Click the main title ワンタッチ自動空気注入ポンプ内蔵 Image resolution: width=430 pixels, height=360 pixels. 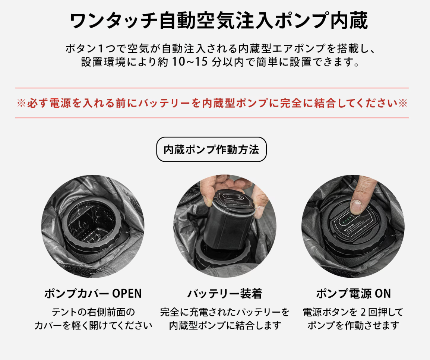[219, 20]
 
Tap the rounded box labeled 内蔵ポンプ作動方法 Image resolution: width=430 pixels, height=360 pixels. [211, 149]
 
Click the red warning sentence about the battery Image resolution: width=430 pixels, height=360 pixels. [212, 103]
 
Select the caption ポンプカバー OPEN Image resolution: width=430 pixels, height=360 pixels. [93, 294]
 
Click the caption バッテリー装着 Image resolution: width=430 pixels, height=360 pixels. [225, 294]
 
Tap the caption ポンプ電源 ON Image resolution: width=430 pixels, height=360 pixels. [354, 294]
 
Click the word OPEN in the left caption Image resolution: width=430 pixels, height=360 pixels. [127, 294]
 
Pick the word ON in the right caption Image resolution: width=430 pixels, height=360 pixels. [383, 294]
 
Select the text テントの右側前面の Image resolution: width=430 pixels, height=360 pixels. [93, 312]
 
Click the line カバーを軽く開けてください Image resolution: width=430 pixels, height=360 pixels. [93, 325]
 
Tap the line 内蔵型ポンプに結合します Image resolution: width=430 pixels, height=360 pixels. [225, 325]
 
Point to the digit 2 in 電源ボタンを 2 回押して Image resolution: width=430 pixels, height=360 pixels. [363, 312]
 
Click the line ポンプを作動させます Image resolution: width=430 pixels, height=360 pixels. [354, 325]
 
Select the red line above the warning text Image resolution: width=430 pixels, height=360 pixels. [212, 88]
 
